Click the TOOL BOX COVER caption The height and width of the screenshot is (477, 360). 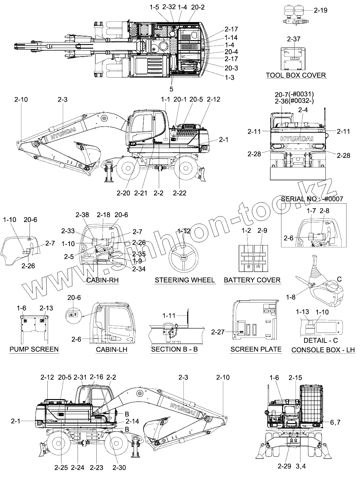pyautogui.click(x=296, y=75)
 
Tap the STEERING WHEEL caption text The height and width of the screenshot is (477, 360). pyautogui.click(x=184, y=280)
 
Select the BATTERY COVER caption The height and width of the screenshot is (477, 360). pyautogui.click(x=252, y=280)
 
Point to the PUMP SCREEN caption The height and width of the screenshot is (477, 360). pyautogui.click(x=34, y=349)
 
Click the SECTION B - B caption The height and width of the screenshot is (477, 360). pyautogui.click(x=174, y=349)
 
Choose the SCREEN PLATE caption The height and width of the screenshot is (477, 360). pyautogui.click(x=256, y=349)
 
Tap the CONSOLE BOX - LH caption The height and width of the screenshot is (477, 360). pyautogui.click(x=323, y=350)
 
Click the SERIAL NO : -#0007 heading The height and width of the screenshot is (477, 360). pyautogui.click(x=312, y=199)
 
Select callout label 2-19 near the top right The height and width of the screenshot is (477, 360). pyautogui.click(x=321, y=10)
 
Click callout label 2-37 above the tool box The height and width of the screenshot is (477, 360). pyautogui.click(x=294, y=39)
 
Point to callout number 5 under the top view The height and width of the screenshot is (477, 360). pyautogui.click(x=171, y=89)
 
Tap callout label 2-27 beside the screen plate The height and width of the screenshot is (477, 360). pyautogui.click(x=218, y=332)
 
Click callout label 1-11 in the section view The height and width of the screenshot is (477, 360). pyautogui.click(x=169, y=316)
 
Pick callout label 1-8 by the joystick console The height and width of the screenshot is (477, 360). pyautogui.click(x=291, y=297)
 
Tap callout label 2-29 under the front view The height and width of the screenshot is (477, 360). pyautogui.click(x=284, y=466)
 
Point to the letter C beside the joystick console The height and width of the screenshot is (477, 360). pyautogui.click(x=339, y=279)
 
